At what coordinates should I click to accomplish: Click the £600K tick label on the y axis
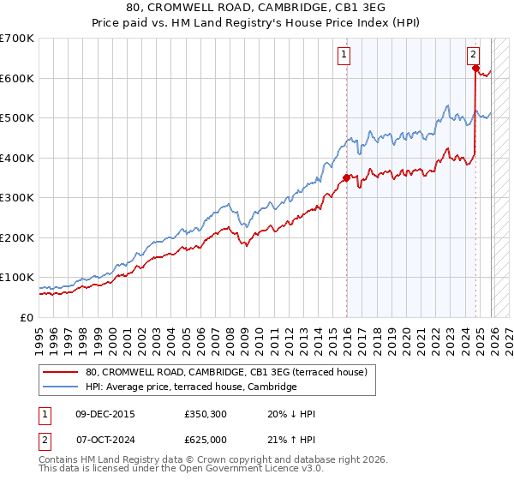[17, 78]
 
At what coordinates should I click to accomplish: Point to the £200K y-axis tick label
[17, 237]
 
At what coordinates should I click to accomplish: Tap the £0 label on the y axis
[27, 317]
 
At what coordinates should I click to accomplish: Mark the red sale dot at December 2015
[347, 177]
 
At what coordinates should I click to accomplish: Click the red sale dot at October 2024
[475, 69]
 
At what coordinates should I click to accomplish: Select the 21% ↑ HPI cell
[291, 440]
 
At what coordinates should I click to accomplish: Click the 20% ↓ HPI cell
[291, 414]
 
